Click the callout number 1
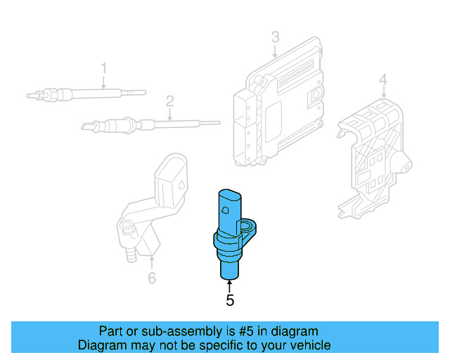[103, 68]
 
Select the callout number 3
[275, 37]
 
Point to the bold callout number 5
[230, 300]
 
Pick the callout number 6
[152, 278]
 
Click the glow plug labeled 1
[84, 93]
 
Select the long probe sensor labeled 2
[141, 125]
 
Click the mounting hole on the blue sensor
[250, 226]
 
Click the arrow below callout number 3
[275, 50]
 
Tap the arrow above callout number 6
[152, 264]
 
